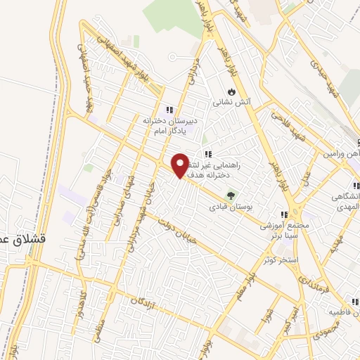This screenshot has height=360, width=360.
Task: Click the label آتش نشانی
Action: pyautogui.click(x=233, y=103)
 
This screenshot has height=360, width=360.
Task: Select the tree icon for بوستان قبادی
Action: pyautogui.click(x=229, y=195)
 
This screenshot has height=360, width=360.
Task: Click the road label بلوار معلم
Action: pyautogui.click(x=240, y=282)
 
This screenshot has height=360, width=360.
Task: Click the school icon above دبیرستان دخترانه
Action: pyautogui.click(x=169, y=110)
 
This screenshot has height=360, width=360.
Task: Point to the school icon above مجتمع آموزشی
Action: pyautogui.click(x=283, y=214)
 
